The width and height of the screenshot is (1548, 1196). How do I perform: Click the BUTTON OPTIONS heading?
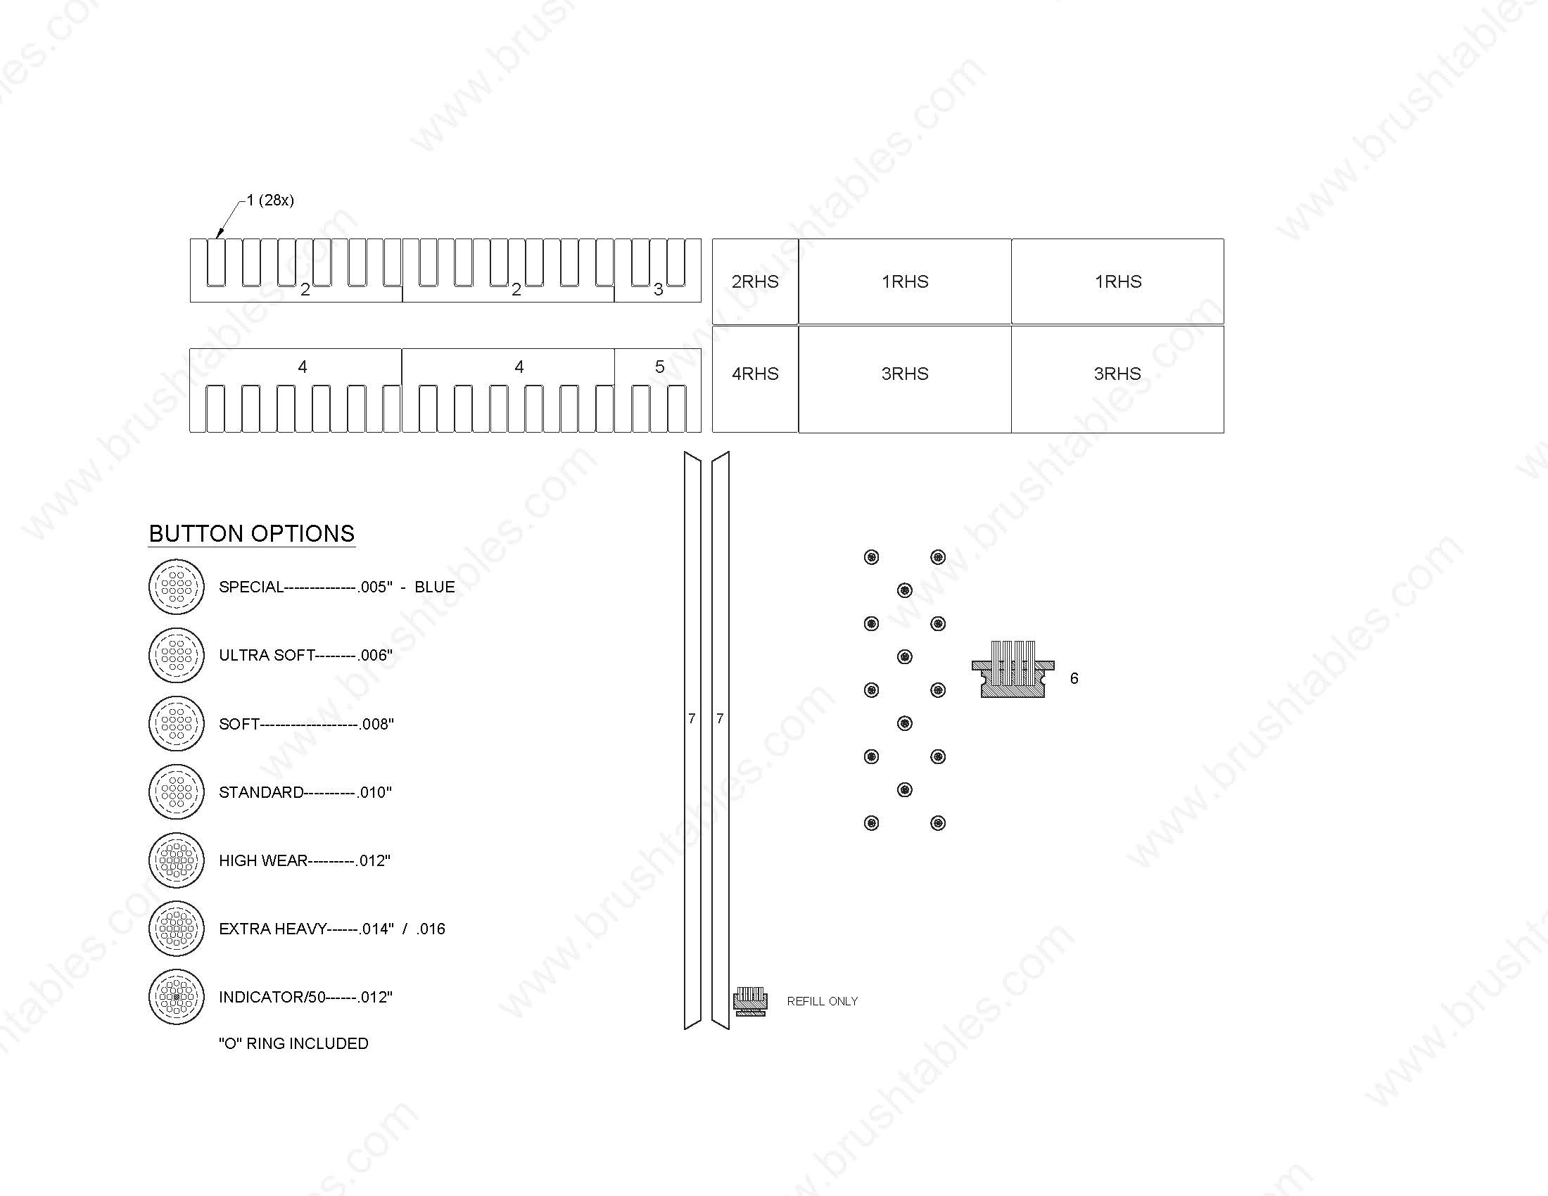click(x=252, y=533)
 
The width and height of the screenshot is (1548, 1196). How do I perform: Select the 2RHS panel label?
click(x=755, y=281)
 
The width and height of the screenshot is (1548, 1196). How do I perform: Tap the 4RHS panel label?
click(x=755, y=374)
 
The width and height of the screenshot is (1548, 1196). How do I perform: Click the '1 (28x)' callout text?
click(x=270, y=200)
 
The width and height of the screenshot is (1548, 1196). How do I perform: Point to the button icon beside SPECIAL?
click(x=177, y=587)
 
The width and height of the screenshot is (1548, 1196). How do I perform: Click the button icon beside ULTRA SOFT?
click(x=177, y=656)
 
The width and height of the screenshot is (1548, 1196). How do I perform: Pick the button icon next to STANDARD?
click(x=177, y=791)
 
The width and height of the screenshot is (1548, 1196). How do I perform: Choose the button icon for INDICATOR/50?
click(x=177, y=997)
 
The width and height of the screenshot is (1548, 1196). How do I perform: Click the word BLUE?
click(x=434, y=587)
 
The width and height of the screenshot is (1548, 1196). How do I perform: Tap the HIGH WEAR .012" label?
click(x=305, y=860)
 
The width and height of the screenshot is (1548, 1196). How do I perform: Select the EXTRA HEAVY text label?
click(x=273, y=929)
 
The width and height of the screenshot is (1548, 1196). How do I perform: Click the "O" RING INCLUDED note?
click(x=293, y=1043)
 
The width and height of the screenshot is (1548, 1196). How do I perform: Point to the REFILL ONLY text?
click(x=822, y=1001)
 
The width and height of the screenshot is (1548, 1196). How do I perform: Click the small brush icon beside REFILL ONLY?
click(x=750, y=1001)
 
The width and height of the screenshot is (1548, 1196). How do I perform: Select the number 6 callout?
click(x=1074, y=679)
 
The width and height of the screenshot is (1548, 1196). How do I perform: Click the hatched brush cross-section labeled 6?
click(x=1013, y=670)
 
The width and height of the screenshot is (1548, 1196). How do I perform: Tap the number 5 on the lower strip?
click(x=659, y=367)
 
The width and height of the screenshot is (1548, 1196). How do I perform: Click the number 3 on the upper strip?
click(x=658, y=289)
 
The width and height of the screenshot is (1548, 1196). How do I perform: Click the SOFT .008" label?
click(x=306, y=724)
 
